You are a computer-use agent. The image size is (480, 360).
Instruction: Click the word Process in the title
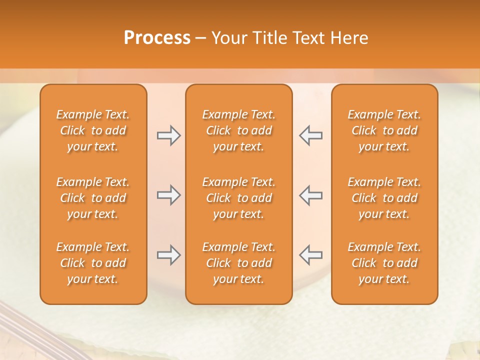coord(157,38)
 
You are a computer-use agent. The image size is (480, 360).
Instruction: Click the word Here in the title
coord(349,38)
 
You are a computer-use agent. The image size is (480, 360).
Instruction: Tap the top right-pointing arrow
coord(168,135)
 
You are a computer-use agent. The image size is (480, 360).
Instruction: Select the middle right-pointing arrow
coord(168,195)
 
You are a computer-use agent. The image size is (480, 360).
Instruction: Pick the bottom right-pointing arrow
coord(168,255)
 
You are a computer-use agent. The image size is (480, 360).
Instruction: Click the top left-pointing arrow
coord(310,135)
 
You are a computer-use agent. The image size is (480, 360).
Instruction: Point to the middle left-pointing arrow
coord(310,195)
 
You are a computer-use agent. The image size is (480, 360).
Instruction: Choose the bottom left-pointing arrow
coord(310,255)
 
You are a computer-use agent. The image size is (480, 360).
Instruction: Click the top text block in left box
coord(93,130)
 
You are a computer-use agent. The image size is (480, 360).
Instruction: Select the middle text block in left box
coord(93,198)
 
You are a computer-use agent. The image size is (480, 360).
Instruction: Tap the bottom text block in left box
coord(93,263)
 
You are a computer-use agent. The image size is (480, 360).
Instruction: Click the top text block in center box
coord(238,130)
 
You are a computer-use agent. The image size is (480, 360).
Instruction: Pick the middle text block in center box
coord(238,198)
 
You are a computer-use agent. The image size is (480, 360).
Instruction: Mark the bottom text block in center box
coord(238,263)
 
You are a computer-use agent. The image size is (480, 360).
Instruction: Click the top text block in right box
coord(384,130)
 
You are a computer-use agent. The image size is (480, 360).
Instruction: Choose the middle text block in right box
coord(384,198)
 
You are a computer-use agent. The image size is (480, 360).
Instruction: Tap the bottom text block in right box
coord(384,263)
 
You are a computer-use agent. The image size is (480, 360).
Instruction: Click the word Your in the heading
coord(229,38)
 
